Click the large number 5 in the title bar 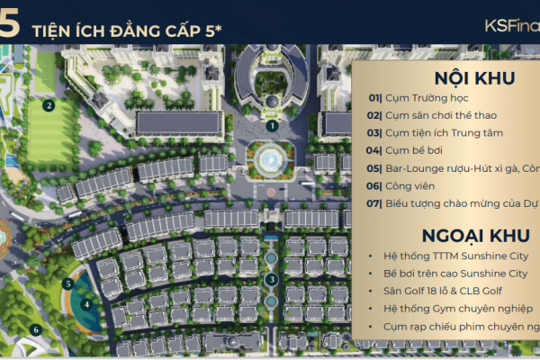9,24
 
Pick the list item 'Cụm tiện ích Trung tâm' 433,132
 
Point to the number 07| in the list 374,202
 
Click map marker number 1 272,126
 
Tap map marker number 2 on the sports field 49,104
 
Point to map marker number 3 272,278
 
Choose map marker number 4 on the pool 86,303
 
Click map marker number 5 68,284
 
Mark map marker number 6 36,328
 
